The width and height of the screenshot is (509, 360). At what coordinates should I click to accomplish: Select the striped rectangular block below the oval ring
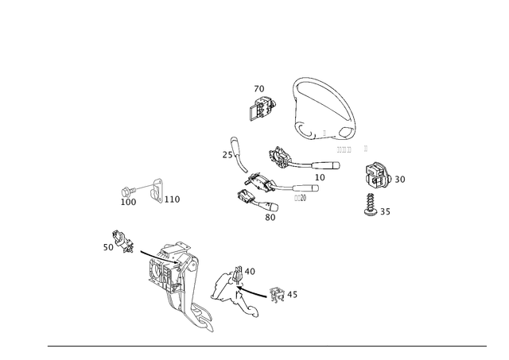(x=343, y=149)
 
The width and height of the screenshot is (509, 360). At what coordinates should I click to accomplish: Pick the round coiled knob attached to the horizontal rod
(x=281, y=159)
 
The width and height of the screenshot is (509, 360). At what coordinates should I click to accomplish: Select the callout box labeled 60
(x=270, y=215)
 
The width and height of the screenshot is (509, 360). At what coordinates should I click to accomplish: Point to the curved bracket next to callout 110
(x=158, y=191)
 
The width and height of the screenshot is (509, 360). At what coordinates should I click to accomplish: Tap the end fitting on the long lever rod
(x=277, y=295)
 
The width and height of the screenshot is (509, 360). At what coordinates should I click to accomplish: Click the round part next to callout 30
(x=377, y=176)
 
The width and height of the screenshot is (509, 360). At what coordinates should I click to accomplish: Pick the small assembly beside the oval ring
(x=261, y=107)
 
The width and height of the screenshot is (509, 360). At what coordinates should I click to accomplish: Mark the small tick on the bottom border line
(x=327, y=344)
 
